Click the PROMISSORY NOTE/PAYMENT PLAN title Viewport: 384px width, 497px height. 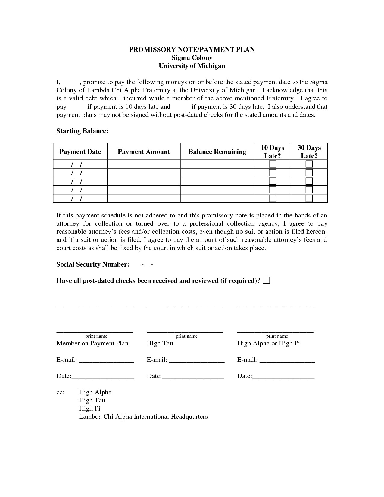click(x=192, y=50)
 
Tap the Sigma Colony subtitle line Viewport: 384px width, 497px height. click(x=192, y=58)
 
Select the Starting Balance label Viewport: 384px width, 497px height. click(x=82, y=131)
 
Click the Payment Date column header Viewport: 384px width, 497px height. click(x=80, y=152)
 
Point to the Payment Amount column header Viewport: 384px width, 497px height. click(x=144, y=152)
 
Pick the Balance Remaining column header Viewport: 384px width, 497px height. click(x=217, y=152)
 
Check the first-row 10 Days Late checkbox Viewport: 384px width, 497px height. click(x=272, y=164)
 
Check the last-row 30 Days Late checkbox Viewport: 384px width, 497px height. click(x=309, y=198)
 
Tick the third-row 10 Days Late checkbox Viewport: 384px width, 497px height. click(x=272, y=181)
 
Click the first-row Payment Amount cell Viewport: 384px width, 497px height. click(x=144, y=164)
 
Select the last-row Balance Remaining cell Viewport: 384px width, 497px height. click(x=217, y=198)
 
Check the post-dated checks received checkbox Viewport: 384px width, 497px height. click(x=266, y=280)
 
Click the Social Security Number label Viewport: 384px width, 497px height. click(x=93, y=264)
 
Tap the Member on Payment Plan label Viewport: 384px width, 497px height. click(x=92, y=343)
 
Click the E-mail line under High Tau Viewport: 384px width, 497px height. click(x=197, y=360)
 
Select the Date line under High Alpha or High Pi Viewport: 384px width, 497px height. click(x=283, y=377)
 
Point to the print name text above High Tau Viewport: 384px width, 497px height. click(x=187, y=336)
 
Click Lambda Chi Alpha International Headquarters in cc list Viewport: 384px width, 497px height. click(x=143, y=417)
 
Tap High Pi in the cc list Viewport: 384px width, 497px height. click(x=89, y=408)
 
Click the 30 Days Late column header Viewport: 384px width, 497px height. click(x=309, y=152)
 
